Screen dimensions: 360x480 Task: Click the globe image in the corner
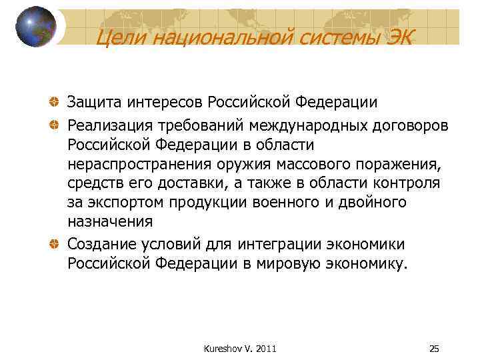click(36, 27)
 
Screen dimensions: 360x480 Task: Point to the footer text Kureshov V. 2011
click(240, 349)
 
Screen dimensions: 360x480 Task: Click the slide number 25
click(434, 349)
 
